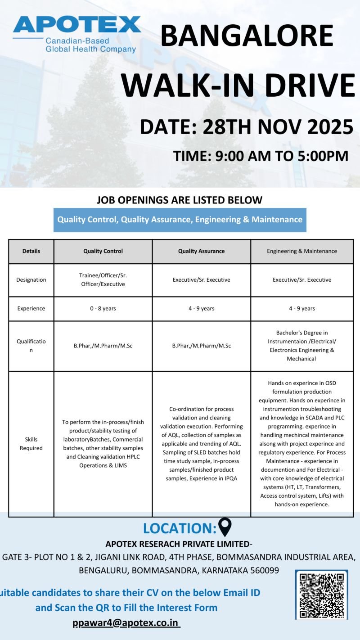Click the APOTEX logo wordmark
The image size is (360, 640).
[x=77, y=25]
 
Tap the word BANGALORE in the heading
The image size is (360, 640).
[x=247, y=36]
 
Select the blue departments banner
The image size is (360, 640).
[x=180, y=220]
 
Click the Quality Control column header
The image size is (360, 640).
[x=103, y=251]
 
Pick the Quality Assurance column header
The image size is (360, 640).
[x=201, y=251]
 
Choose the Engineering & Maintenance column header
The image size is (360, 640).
[x=302, y=251]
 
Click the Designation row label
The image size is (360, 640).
[x=31, y=280]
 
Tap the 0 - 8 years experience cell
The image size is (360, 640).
[x=103, y=309]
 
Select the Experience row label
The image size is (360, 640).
[x=31, y=309]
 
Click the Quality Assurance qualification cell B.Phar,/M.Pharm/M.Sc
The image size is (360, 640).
[x=201, y=346]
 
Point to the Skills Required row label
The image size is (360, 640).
[x=31, y=444]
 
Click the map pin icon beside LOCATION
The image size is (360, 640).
[x=225, y=527]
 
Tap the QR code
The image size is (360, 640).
[x=321, y=595]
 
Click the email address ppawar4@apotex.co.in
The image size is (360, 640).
[x=126, y=623]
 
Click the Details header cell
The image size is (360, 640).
[x=31, y=251]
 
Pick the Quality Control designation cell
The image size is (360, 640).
[x=103, y=280]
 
